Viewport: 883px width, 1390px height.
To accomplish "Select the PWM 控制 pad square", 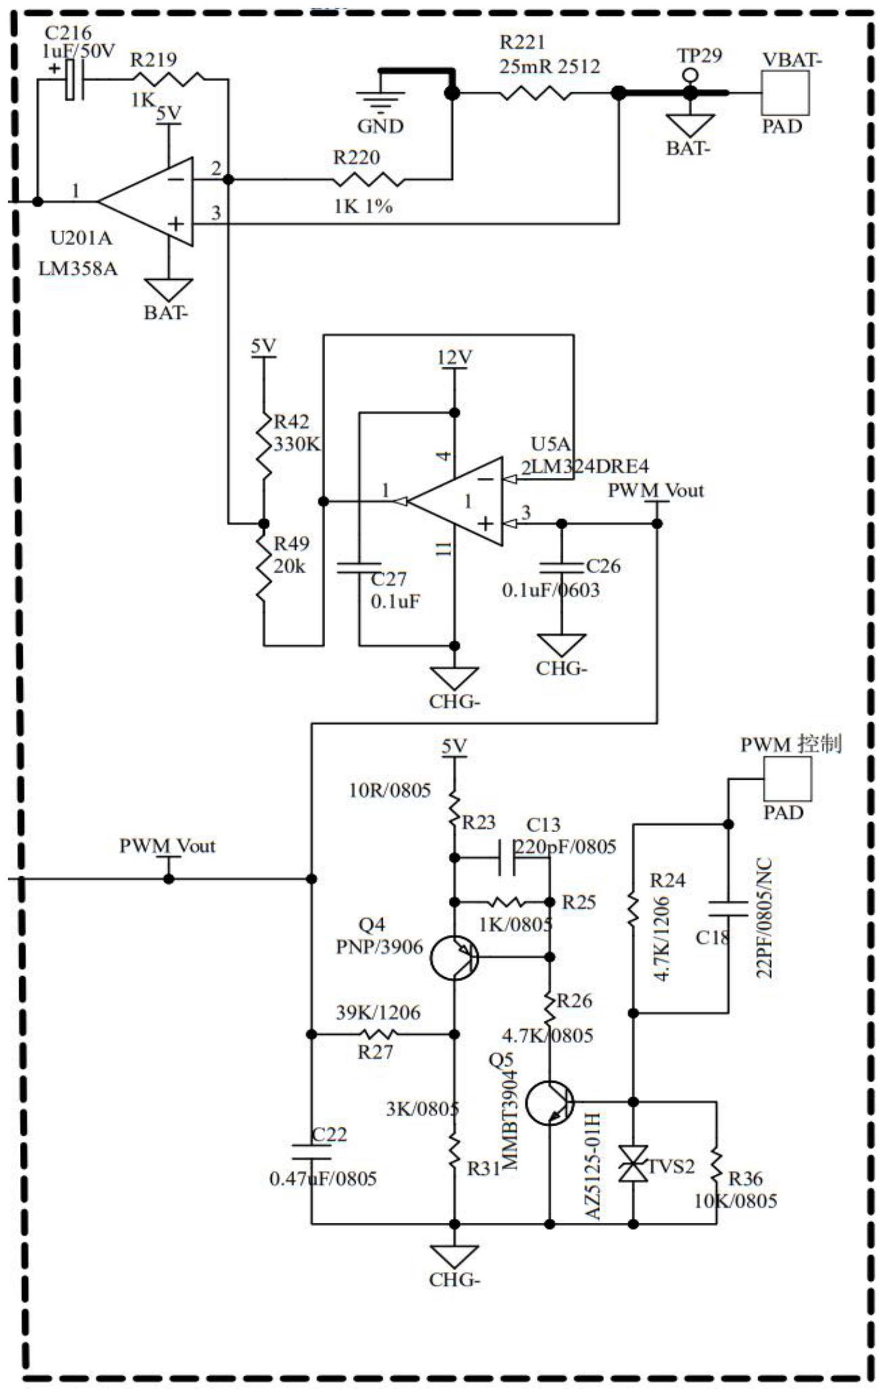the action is [787, 779].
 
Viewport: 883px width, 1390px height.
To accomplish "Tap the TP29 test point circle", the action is [688, 75].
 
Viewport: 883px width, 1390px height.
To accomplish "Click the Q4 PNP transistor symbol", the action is [454, 957].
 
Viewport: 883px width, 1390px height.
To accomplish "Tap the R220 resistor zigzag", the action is [368, 180].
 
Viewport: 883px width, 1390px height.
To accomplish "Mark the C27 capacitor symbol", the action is [358, 566].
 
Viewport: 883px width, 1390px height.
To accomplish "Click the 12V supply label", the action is [454, 359].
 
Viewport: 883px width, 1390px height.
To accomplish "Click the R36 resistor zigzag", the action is [717, 1166].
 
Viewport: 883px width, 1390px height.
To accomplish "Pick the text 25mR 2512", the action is [550, 66].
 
